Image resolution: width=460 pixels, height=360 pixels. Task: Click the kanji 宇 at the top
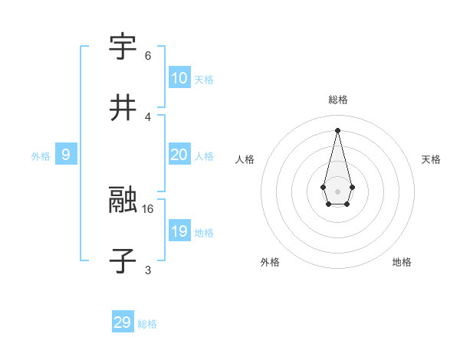click(123, 47)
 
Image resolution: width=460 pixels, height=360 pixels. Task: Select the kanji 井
click(123, 109)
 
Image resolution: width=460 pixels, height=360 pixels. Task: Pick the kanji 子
click(123, 261)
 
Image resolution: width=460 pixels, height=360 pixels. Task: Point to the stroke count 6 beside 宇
click(148, 56)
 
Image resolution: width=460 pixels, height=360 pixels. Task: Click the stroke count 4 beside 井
click(148, 117)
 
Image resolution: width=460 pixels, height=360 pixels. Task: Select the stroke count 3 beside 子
click(148, 270)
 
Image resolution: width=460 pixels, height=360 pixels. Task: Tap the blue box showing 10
click(179, 78)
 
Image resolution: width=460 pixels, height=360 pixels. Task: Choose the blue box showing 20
click(179, 155)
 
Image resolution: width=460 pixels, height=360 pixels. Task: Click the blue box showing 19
click(179, 231)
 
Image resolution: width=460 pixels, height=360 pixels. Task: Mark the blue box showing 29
click(123, 322)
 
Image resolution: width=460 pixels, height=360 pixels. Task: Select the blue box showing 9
click(66, 155)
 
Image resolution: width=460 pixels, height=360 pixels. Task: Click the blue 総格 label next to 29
click(147, 324)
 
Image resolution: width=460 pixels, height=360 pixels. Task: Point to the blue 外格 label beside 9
click(41, 156)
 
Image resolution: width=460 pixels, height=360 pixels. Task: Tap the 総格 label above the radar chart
click(338, 100)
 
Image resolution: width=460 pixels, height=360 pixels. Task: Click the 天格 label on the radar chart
click(431, 159)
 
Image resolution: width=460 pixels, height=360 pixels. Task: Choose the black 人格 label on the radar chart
click(245, 159)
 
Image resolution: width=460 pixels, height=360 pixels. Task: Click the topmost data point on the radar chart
click(337, 129)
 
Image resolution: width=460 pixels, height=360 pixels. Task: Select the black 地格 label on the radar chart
click(402, 262)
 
